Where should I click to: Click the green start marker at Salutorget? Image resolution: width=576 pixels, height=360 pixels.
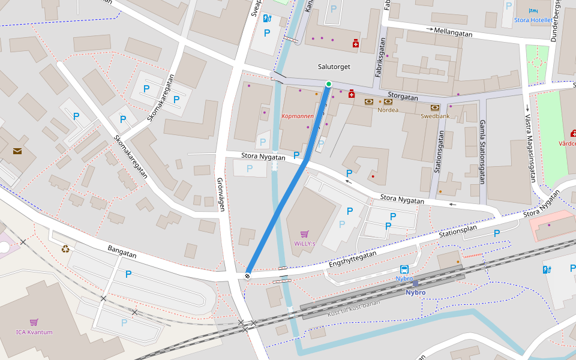pyautogui.click(x=328, y=84)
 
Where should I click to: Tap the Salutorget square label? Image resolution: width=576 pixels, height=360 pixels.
pyautogui.click(x=334, y=67)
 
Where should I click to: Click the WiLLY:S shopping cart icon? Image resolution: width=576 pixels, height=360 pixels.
pyautogui.click(x=305, y=234)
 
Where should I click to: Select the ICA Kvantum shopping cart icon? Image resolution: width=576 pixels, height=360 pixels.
pyautogui.click(x=34, y=322)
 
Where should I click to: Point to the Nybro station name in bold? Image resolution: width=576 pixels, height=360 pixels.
pyautogui.click(x=415, y=293)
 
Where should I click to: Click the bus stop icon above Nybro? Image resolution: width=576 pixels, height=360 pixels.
pyautogui.click(x=404, y=269)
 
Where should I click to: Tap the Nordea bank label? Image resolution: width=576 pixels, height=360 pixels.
pyautogui.click(x=388, y=110)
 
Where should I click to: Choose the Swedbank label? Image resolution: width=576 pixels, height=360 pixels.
pyautogui.click(x=434, y=116)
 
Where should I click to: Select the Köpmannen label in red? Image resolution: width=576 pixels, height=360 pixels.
pyautogui.click(x=297, y=116)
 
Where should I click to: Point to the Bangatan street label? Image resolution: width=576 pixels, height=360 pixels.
pyautogui.click(x=122, y=251)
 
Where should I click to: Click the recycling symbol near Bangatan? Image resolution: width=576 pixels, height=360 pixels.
pyautogui.click(x=65, y=248)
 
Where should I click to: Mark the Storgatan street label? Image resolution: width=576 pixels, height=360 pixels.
pyautogui.click(x=403, y=95)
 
